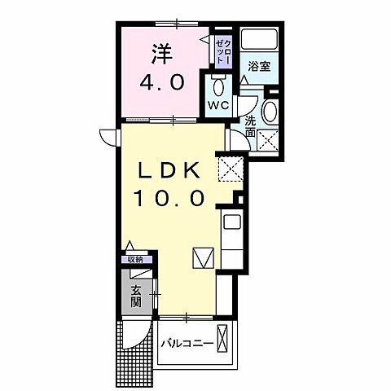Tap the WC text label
217,107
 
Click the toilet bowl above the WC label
217,86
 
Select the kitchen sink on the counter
230,222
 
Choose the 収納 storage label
135,259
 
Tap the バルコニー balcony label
187,343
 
